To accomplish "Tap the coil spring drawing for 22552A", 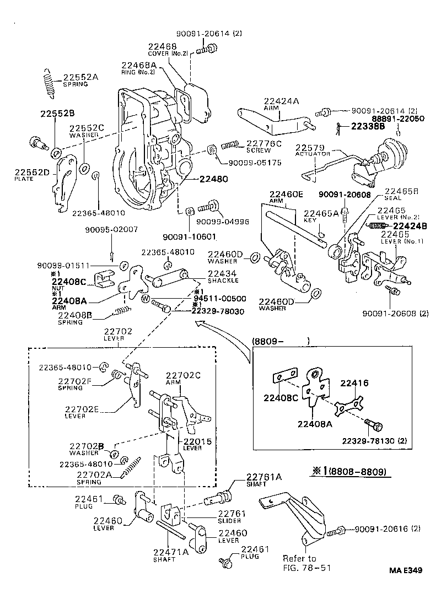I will tap(49, 83).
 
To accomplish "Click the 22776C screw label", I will tap(263, 145).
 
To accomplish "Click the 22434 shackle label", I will tap(223, 277).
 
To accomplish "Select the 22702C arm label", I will tap(183, 379).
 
